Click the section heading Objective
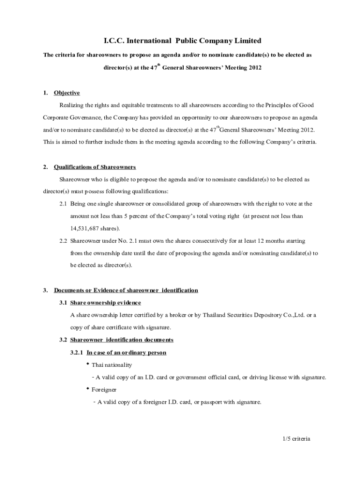coord(67,93)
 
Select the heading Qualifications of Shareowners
coord(95,167)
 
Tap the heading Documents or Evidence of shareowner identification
coord(126,290)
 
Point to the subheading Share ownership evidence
coord(105,303)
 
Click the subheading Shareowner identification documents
coord(122,340)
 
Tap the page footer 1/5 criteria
coord(296,439)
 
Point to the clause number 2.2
coord(63,241)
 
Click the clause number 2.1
coord(63,204)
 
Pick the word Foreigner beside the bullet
coord(104,390)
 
